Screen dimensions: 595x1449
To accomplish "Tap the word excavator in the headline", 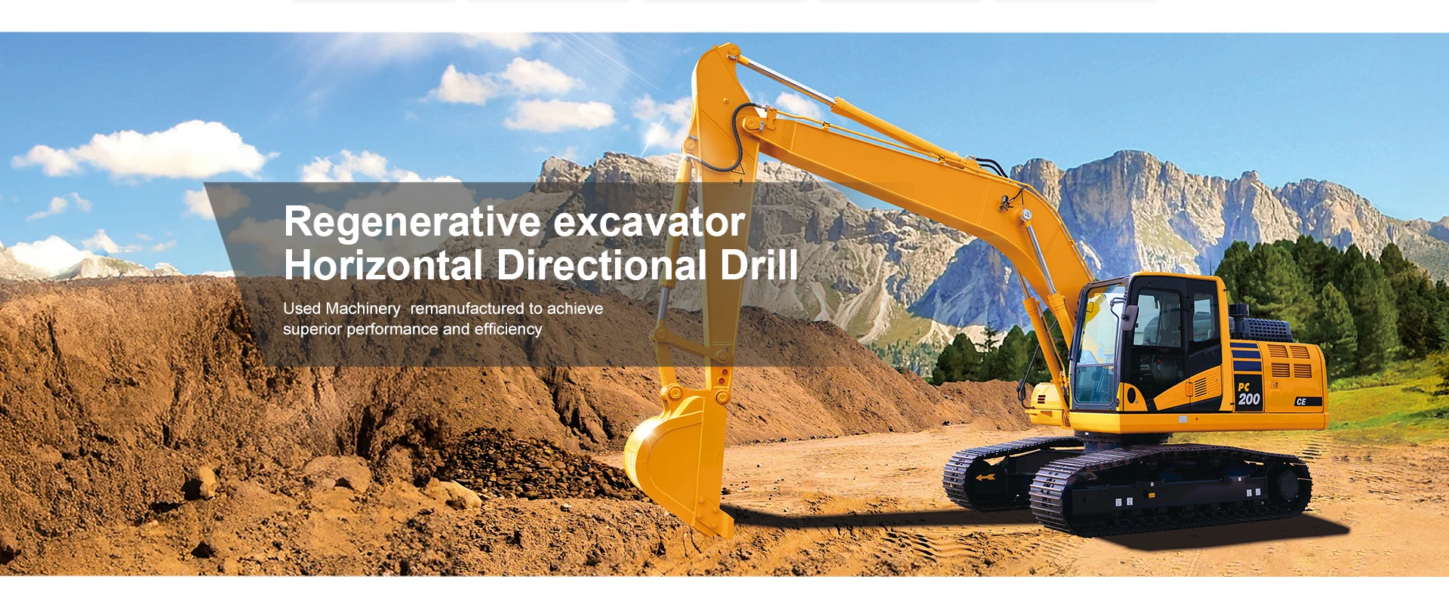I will click(x=649, y=223).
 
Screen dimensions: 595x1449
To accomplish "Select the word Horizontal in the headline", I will click(x=383, y=266).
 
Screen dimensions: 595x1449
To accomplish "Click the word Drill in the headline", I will click(x=758, y=266).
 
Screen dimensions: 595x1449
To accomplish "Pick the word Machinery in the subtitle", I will click(x=362, y=309).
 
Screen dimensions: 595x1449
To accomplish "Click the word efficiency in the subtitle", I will click(x=508, y=329).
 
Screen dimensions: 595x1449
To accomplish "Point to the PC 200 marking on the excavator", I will click(x=1248, y=394).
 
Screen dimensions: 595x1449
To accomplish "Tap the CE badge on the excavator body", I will click(x=1301, y=402).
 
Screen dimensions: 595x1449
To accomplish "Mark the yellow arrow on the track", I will click(x=983, y=478).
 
